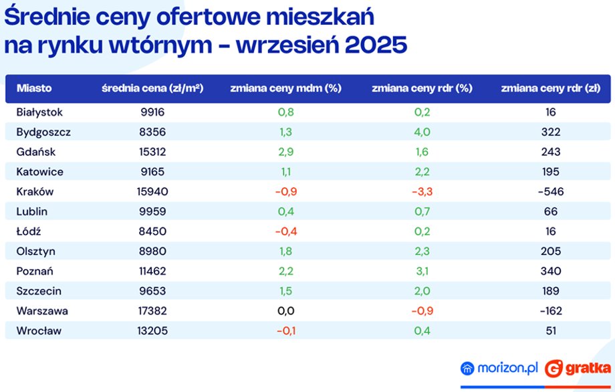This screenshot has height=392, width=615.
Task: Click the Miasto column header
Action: click(34, 88)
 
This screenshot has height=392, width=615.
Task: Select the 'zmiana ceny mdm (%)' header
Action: click(285, 88)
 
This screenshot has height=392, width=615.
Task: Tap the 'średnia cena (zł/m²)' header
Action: click(152, 88)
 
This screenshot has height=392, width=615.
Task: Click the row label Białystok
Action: click(39, 112)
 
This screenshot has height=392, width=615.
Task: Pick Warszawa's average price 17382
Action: click(152, 311)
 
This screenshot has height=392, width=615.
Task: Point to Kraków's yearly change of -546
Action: click(551, 191)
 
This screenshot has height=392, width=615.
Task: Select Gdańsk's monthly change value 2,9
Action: click(286, 152)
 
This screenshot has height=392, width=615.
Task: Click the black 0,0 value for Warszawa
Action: click(286, 311)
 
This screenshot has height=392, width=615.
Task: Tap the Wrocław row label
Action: click(39, 330)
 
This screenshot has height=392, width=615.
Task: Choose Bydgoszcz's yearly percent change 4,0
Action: click(422, 132)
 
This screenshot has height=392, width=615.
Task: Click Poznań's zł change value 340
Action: click(551, 271)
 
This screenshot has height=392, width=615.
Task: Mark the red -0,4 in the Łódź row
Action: click(286, 231)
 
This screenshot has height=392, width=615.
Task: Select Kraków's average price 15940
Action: click(152, 191)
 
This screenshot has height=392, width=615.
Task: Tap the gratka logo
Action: click(578, 369)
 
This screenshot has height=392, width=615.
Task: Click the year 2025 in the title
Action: click(376, 45)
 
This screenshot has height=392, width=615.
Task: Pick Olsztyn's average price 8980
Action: click(152, 251)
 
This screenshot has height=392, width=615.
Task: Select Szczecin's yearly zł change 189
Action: click(551, 291)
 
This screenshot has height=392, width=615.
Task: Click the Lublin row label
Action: click(32, 211)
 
